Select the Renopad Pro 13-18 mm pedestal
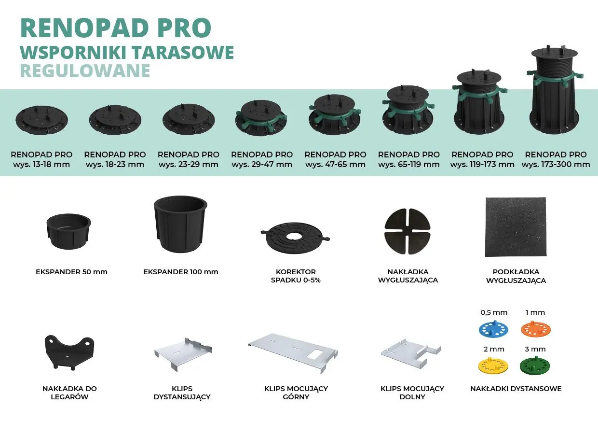(x=41, y=120)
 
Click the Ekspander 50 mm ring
(x=68, y=231)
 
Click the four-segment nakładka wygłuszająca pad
(x=408, y=231)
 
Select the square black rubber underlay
(x=515, y=227)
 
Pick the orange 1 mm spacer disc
(x=535, y=329)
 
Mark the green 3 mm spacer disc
(x=535, y=366)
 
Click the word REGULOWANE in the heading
(x=85, y=71)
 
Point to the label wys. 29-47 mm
(x=262, y=164)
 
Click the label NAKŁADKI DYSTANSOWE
(x=516, y=389)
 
